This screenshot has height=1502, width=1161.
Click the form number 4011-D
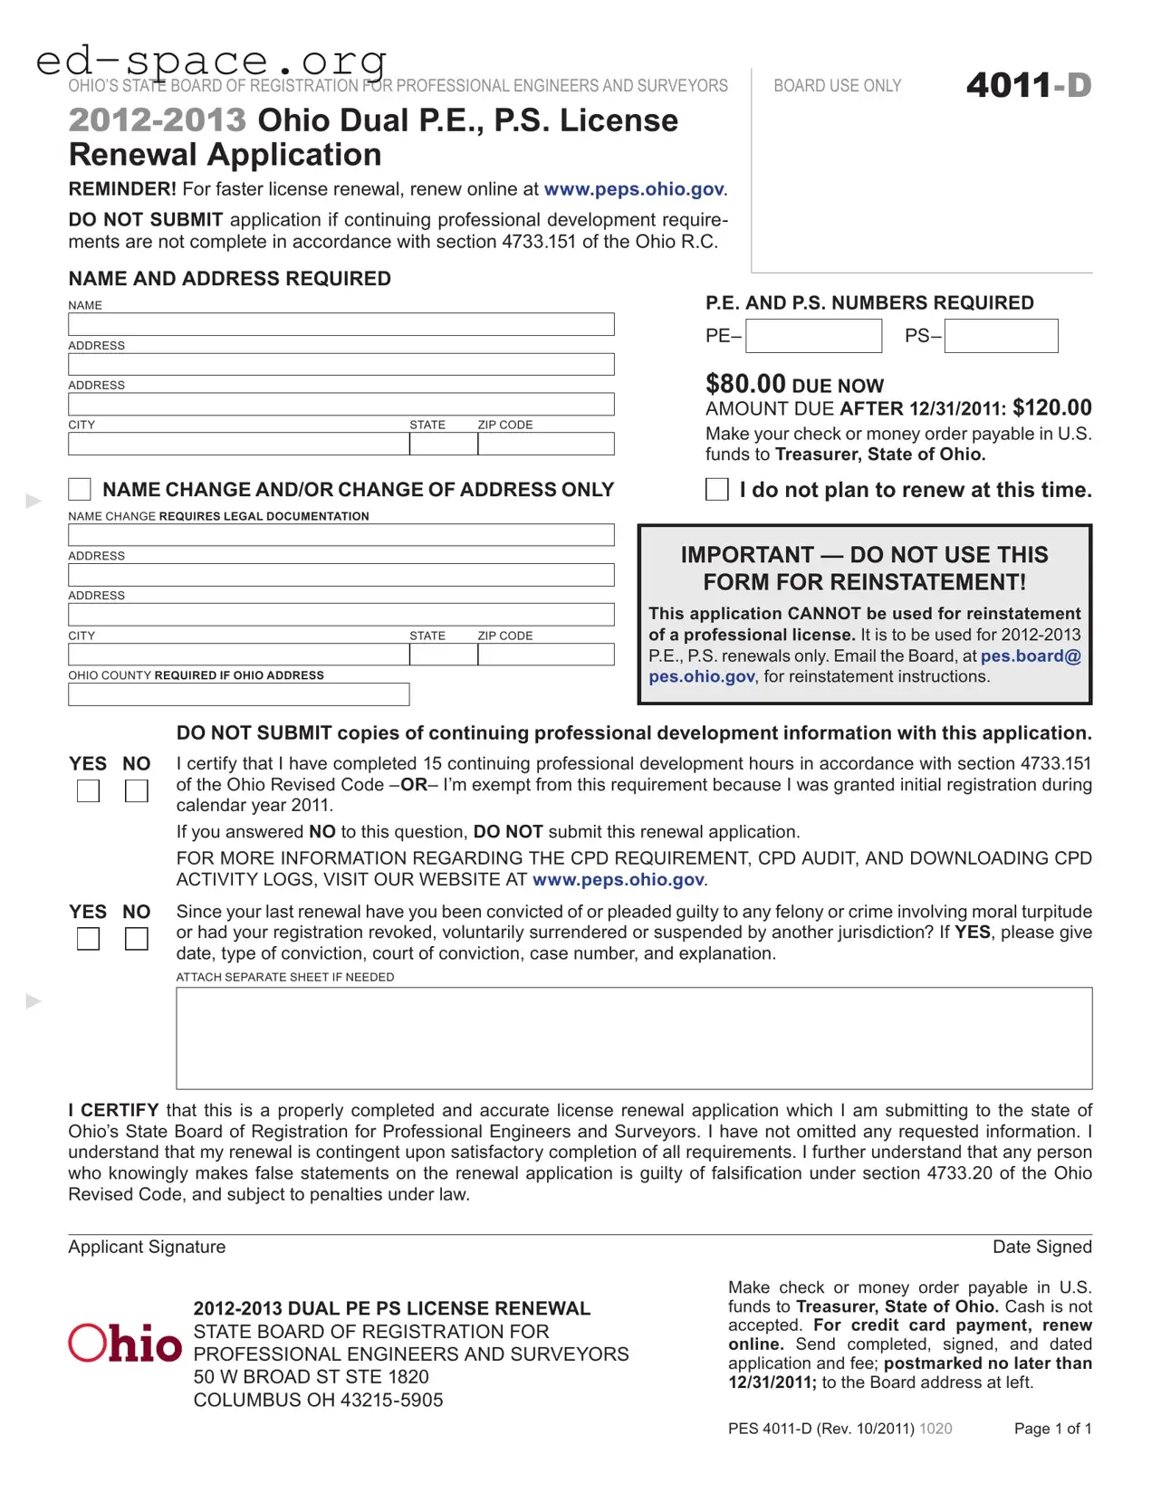1028,86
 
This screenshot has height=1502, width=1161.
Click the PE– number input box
813,336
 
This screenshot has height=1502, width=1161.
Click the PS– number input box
1001,336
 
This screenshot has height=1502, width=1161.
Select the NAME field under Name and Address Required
341,324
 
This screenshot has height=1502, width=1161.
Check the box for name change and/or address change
80,490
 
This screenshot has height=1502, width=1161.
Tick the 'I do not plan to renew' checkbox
716,490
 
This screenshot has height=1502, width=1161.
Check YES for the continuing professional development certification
88,791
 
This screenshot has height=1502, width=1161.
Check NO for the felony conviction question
136,940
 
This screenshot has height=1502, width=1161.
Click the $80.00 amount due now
745,384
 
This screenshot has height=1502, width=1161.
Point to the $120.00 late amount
1051,407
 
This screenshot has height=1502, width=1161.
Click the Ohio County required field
238,694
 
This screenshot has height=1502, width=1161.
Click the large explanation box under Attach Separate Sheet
634,1038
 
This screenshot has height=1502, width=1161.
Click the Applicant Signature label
147,1247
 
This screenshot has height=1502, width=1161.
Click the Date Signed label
1041,1247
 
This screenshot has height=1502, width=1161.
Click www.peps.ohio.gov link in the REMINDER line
633,189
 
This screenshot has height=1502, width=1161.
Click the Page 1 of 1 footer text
1052,1429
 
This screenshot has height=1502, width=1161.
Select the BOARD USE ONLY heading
837,86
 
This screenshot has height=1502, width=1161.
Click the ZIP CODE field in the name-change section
545,655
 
